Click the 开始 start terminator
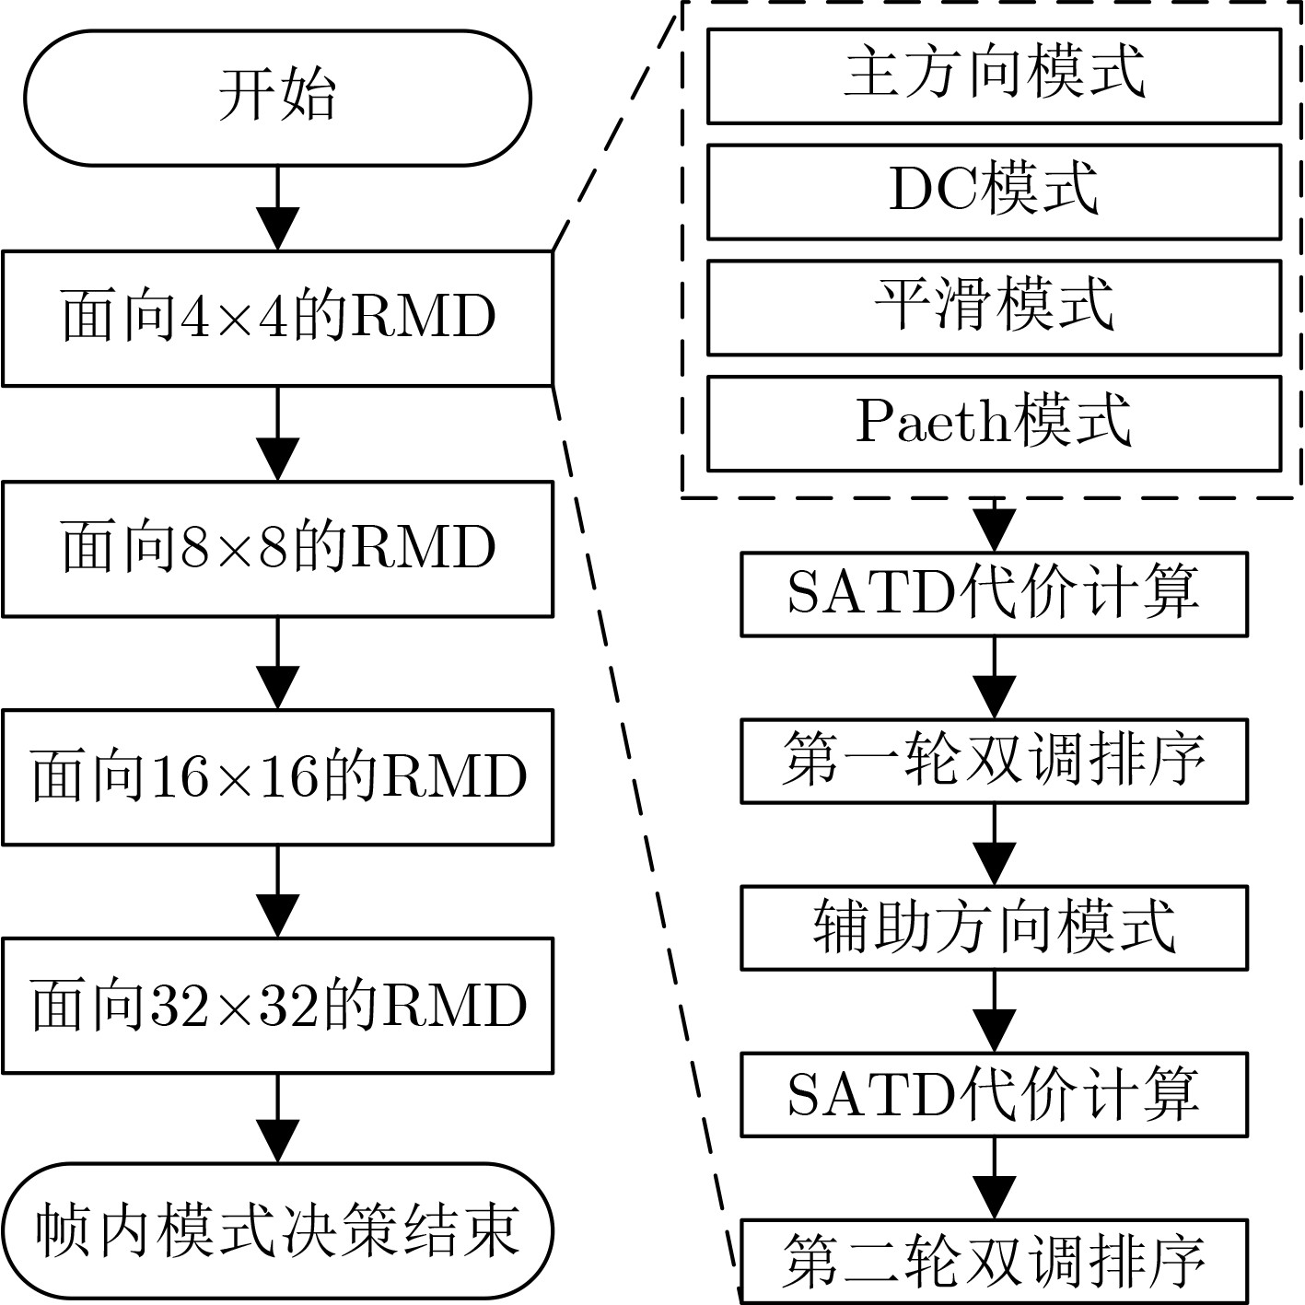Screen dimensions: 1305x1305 277,98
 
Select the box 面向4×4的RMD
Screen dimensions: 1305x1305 277,318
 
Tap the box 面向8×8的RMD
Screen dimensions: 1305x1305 277,548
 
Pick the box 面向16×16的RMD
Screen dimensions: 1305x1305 277,776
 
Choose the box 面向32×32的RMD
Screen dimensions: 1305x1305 277,1005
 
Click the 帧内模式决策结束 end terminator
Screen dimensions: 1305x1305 277,1232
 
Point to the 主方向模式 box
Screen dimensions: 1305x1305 994,76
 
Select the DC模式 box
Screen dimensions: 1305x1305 994,192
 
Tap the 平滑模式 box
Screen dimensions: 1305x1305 994,308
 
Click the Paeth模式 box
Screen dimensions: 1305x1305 994,423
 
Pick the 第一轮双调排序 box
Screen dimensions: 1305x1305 994,761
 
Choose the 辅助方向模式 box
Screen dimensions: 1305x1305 994,927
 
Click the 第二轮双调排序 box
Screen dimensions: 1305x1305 994,1261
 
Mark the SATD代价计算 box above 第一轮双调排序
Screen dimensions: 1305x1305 994,594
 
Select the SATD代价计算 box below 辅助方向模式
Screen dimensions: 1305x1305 994,1094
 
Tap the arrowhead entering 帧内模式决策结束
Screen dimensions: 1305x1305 277,1142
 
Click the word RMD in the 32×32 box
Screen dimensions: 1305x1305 454,1006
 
